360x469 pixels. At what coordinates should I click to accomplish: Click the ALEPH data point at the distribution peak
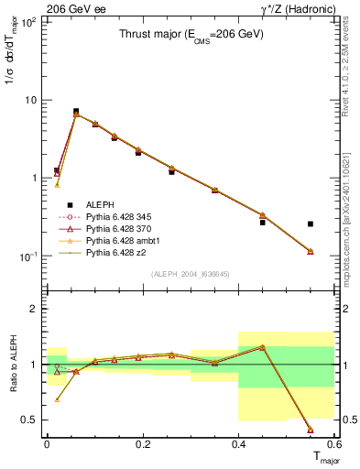tap(76, 111)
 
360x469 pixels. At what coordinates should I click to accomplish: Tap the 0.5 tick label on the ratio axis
tap(33, 420)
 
